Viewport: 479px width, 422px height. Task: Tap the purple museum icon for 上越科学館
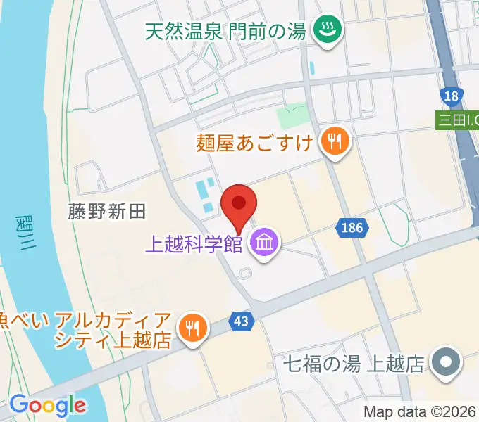(265, 244)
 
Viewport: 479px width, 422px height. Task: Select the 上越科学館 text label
(193, 245)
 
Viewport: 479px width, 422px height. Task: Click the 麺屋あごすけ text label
(256, 143)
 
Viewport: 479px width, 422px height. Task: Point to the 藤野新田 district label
(106, 212)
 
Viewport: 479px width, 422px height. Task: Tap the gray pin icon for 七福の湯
(445, 364)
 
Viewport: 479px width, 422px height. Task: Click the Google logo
(47, 405)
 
